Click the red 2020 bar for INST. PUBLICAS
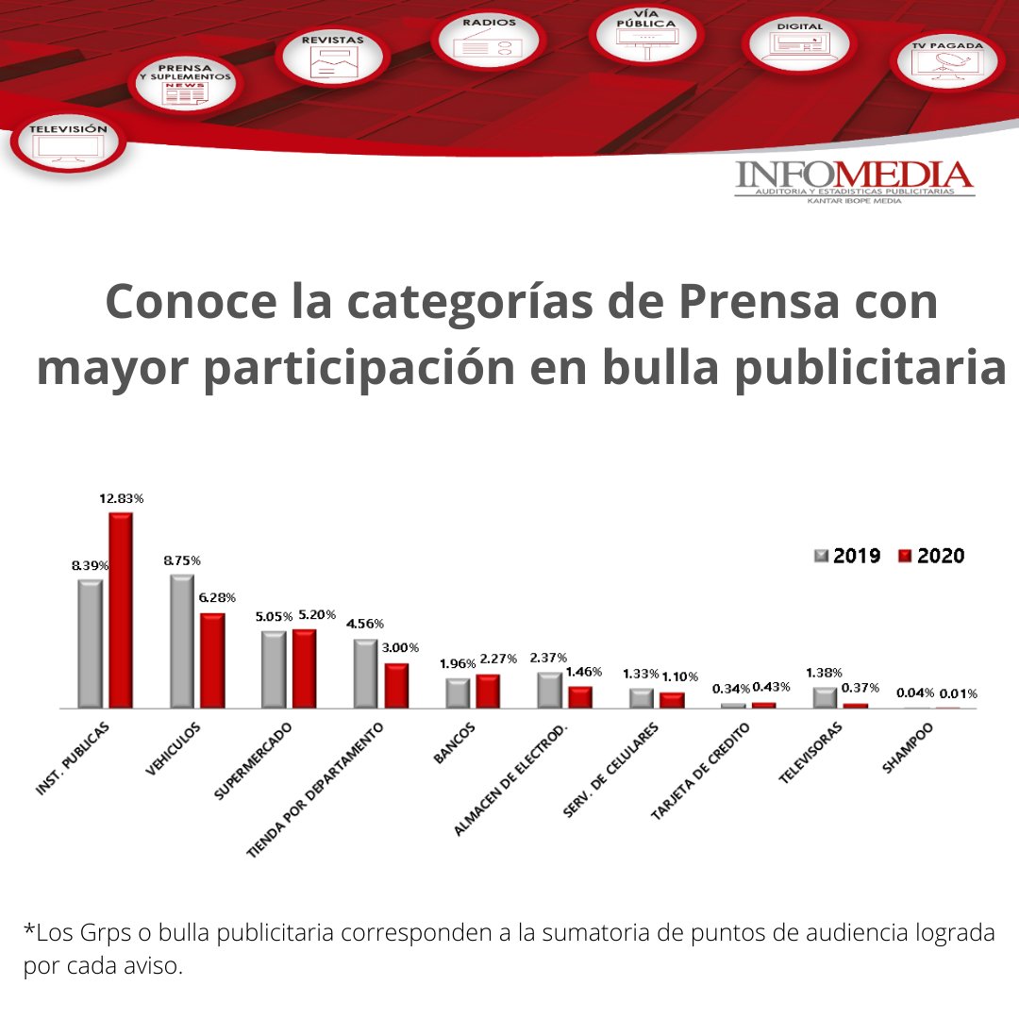pos(121,610)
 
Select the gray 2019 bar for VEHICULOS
pos(181,641)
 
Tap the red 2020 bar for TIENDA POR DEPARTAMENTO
pos(396,685)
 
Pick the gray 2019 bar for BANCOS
pos(458,693)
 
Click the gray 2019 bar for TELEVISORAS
pos(825,697)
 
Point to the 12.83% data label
pos(122,498)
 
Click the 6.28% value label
pos(217,598)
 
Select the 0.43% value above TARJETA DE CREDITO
pos(772,686)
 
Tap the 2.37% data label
pos(549,658)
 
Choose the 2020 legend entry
pos(931,556)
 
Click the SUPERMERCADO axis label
pos(253,762)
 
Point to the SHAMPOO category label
pos(908,748)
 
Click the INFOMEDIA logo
pos(854,181)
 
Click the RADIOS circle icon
pos(489,41)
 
